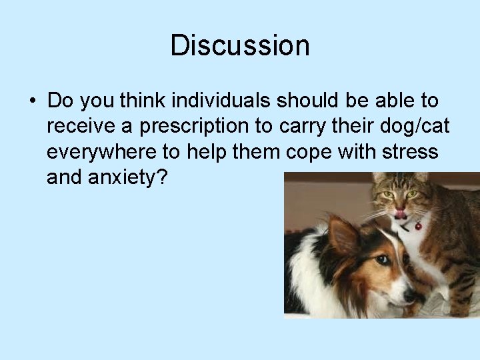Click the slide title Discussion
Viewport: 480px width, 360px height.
tap(240, 46)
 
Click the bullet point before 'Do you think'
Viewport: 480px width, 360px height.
tap(31, 101)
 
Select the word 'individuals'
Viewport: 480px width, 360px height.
tap(222, 101)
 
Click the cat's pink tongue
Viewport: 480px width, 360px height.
tap(399, 213)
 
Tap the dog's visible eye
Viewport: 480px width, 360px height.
tap(382, 259)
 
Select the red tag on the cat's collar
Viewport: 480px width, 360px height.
tap(418, 225)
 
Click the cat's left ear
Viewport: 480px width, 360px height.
tap(381, 179)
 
